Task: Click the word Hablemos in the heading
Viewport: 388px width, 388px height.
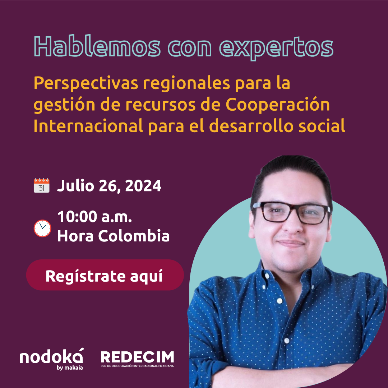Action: (x=97, y=46)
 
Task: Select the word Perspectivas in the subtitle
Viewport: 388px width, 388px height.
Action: (x=86, y=84)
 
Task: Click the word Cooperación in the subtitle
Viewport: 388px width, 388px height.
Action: (x=278, y=105)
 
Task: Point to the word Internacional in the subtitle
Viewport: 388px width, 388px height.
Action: (x=88, y=126)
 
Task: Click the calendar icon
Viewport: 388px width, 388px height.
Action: (x=42, y=185)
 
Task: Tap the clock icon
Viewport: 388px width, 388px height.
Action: (x=42, y=228)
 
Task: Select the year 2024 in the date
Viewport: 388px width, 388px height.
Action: (x=143, y=186)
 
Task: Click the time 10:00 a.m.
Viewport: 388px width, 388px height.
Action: (x=94, y=217)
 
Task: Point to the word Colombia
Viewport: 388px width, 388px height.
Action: (x=134, y=236)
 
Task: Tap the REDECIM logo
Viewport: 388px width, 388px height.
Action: (x=137, y=359)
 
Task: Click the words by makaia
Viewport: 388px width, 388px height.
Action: (x=70, y=368)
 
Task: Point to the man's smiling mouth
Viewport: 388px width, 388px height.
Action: (x=291, y=244)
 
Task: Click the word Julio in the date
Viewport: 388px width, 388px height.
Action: (x=75, y=186)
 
